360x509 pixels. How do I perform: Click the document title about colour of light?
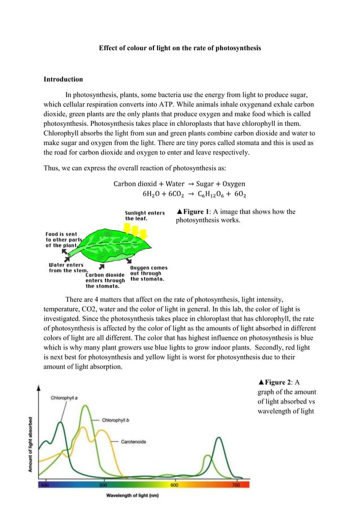click(x=180, y=49)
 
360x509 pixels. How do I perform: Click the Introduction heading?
click(x=63, y=79)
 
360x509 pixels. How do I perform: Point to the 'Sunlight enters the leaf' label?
click(x=144, y=216)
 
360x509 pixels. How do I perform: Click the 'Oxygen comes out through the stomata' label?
click(x=148, y=273)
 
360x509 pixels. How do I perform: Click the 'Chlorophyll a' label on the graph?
click(x=64, y=397)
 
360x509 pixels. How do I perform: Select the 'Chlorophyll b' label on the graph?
click(x=117, y=420)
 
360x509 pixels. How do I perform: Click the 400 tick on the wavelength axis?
click(x=45, y=485)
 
